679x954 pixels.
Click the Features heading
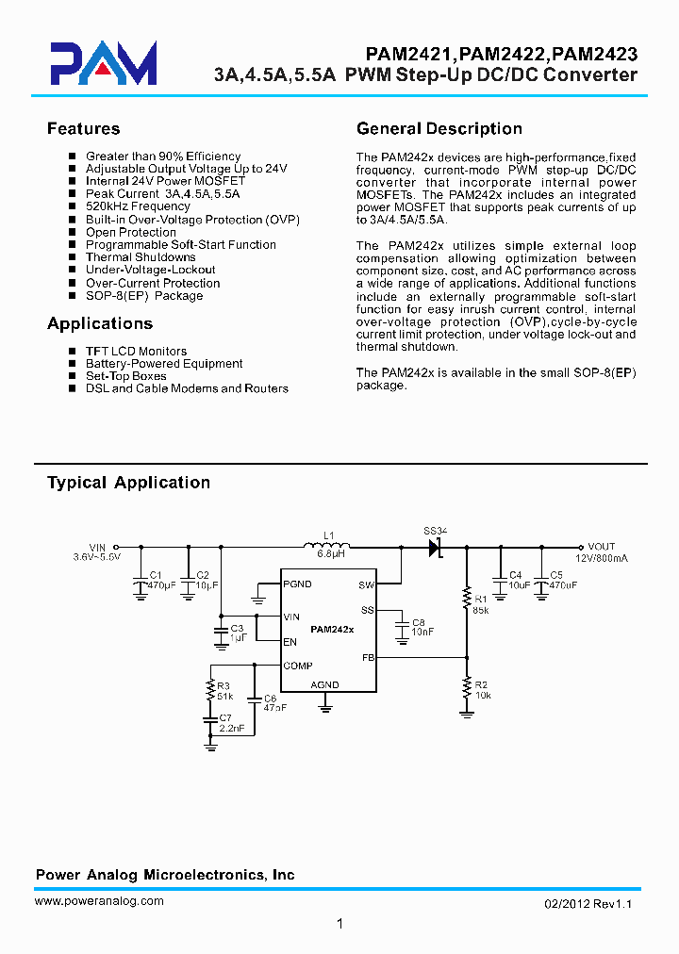(84, 129)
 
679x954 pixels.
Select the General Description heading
(439, 129)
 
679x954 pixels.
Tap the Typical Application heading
(128, 483)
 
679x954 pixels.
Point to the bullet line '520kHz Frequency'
(138, 206)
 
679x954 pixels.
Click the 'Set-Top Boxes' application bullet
(125, 376)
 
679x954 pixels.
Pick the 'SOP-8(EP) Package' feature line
(144, 296)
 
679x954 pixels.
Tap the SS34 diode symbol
(435, 547)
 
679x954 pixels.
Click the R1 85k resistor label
(481, 604)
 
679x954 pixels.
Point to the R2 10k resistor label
(481, 690)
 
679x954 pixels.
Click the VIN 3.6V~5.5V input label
(97, 552)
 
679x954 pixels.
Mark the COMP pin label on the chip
(298, 666)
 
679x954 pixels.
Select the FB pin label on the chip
(369, 658)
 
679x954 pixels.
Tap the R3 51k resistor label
(224, 691)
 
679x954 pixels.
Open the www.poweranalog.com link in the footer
(99, 901)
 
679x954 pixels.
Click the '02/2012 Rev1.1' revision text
(588, 904)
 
